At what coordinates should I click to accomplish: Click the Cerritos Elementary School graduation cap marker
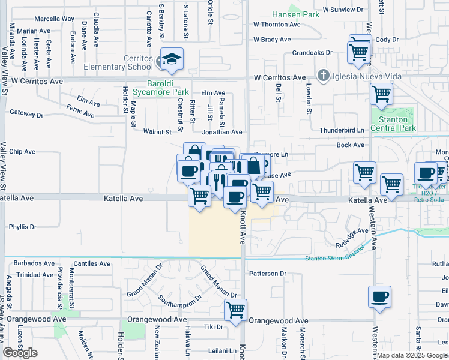(172, 59)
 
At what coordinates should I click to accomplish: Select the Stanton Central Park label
(393, 124)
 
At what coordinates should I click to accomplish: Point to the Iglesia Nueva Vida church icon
(324, 75)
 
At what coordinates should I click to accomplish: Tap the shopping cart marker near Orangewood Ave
(236, 310)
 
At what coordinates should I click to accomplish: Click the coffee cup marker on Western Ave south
(379, 296)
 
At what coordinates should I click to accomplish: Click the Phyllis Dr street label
(23, 227)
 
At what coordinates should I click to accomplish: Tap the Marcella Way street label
(54, 19)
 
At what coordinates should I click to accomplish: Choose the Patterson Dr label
(268, 274)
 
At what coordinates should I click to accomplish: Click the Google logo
(20, 353)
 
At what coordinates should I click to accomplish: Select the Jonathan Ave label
(221, 132)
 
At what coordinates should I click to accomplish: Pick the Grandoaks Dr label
(312, 53)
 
